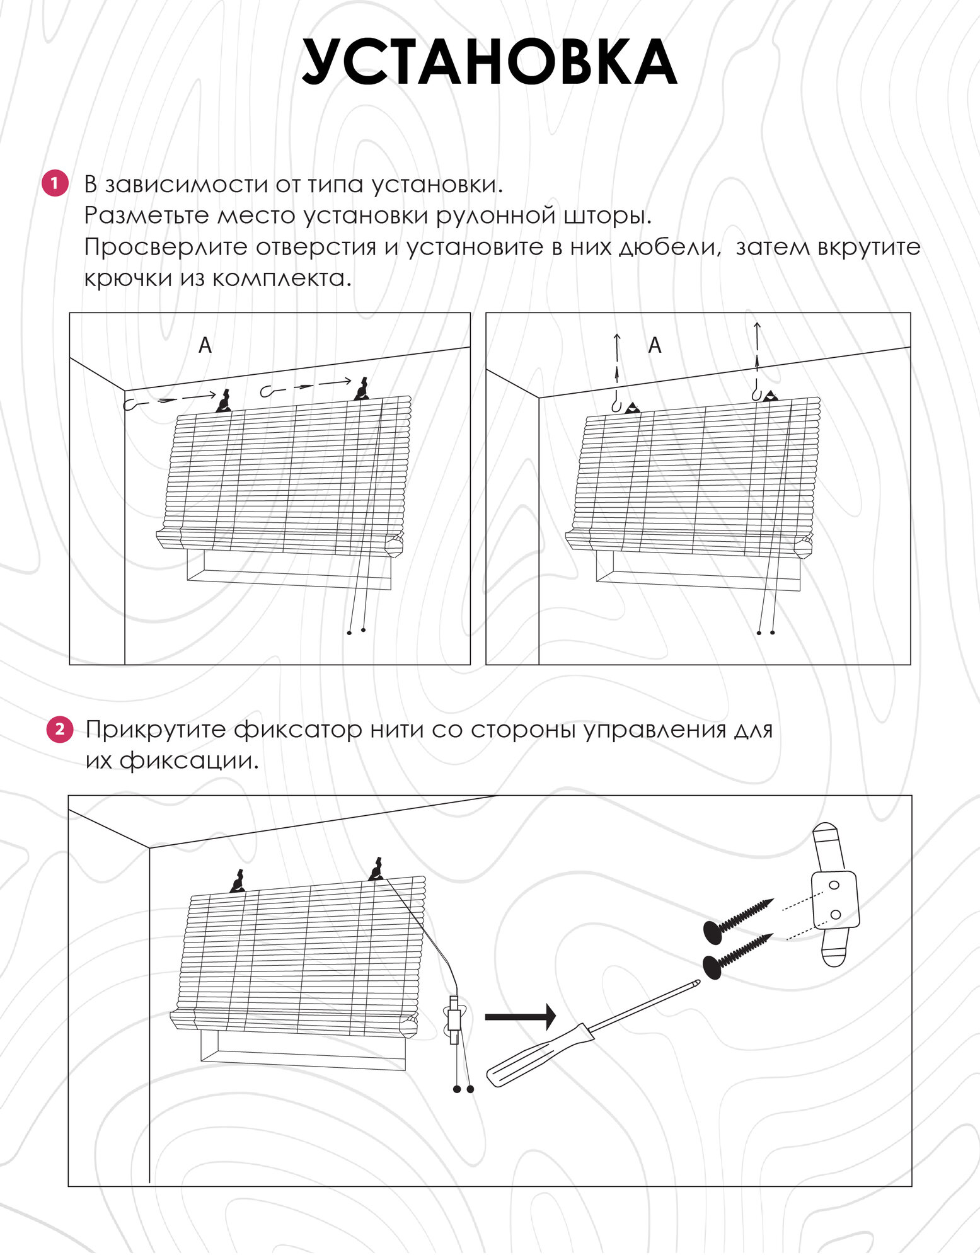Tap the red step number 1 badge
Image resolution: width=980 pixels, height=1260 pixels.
[x=55, y=183]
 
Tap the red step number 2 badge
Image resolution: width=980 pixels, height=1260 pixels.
[x=60, y=729]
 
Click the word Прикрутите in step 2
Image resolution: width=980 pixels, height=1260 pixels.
[x=156, y=730]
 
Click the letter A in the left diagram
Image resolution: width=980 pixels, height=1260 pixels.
[x=205, y=345]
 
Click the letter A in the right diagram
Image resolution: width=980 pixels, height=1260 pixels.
[x=655, y=345]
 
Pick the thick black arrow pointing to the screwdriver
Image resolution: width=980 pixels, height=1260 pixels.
[x=520, y=1016]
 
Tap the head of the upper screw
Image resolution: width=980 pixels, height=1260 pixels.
[x=713, y=932]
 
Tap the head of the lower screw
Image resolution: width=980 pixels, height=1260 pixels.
[x=712, y=966]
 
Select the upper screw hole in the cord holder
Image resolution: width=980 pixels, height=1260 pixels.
[x=834, y=885]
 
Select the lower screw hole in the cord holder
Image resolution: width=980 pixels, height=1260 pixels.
[x=836, y=914]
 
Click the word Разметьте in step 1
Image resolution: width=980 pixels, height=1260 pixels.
[x=147, y=215]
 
